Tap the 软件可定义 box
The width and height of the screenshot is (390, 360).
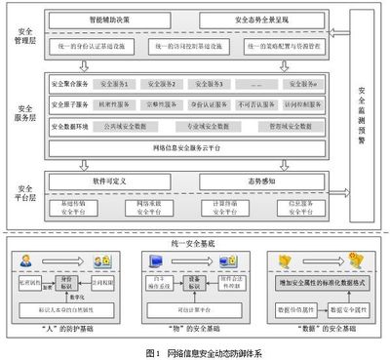(x=120, y=182)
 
